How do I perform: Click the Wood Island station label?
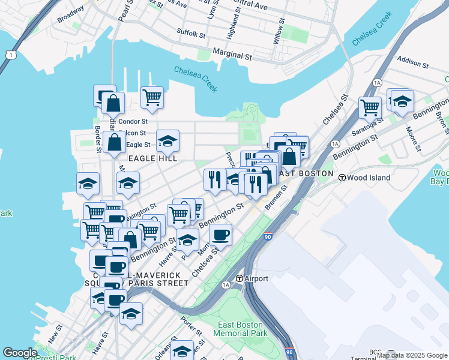click(x=369, y=178)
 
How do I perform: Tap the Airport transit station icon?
click(x=239, y=278)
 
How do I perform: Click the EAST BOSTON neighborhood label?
click(x=306, y=173)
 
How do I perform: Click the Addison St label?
click(x=412, y=62)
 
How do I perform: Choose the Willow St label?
click(x=280, y=31)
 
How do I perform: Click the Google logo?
click(x=20, y=353)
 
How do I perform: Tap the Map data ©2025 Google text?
click(x=412, y=355)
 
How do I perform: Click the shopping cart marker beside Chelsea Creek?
click(x=152, y=97)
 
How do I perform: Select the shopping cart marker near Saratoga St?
click(x=370, y=107)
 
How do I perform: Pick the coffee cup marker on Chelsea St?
click(x=221, y=234)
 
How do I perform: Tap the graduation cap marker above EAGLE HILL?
click(x=167, y=141)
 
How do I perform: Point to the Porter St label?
click(x=193, y=326)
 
